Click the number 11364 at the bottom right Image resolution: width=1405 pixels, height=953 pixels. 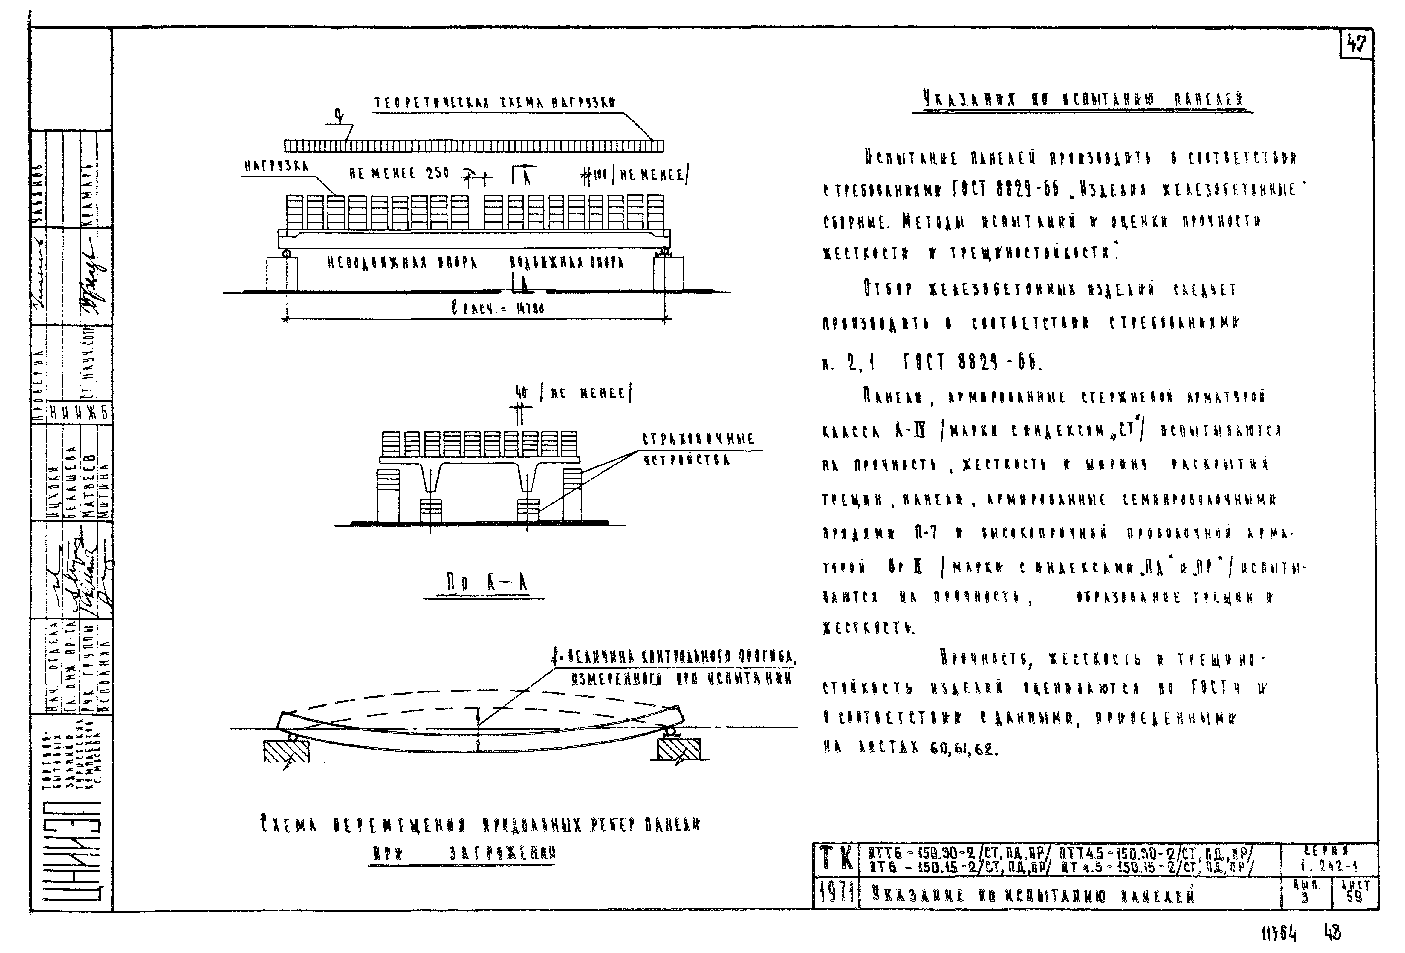pyautogui.click(x=1279, y=935)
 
